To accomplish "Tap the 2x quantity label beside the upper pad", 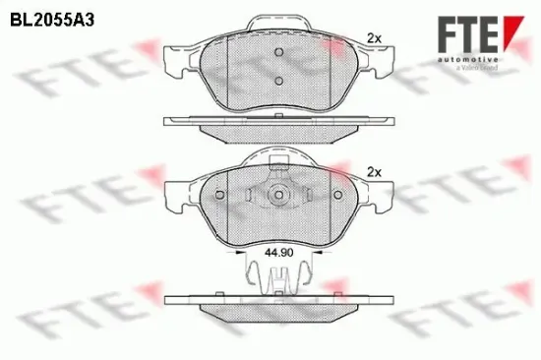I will coord(374,38).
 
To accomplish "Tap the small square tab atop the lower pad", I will coord(278,159).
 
